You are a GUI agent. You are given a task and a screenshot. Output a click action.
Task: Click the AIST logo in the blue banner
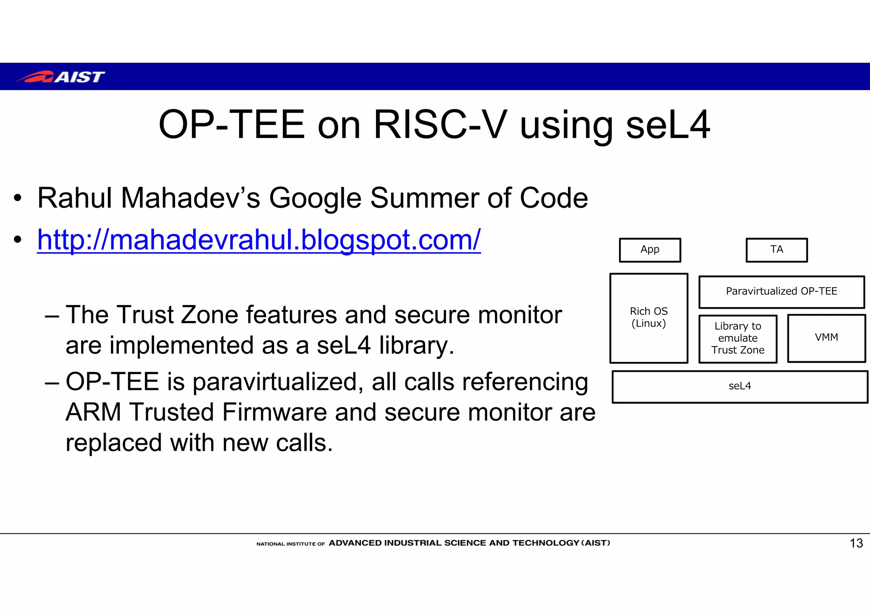point(60,77)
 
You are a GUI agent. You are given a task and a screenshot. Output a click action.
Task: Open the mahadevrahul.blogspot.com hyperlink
point(259,240)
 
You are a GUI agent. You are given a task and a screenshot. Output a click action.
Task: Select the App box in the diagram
point(650,250)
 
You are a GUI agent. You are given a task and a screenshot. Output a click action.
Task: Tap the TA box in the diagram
point(777,250)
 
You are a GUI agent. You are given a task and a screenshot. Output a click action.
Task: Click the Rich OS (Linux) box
point(649,318)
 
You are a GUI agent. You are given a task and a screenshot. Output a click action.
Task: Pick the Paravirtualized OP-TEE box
point(781,291)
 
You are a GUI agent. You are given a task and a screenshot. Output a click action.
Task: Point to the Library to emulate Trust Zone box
point(738,338)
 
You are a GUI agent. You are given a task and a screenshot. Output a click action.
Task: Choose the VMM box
point(826,338)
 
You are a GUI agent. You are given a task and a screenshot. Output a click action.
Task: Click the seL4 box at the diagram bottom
point(740,386)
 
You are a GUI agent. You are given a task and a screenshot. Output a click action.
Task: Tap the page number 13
point(856,543)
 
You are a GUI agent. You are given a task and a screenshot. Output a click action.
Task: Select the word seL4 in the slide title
point(668,125)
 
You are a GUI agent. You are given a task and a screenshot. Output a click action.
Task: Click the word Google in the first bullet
point(315,198)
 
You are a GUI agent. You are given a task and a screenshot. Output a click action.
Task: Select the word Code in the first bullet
point(554,198)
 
